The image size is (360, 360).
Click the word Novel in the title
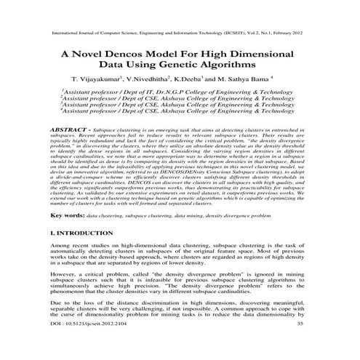[97, 55]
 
